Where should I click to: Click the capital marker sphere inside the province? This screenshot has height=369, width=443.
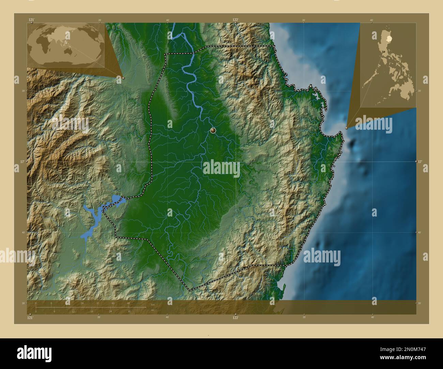point(213,130)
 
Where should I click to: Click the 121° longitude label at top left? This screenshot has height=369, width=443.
point(32,20)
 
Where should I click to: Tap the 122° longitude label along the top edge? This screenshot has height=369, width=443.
point(235,20)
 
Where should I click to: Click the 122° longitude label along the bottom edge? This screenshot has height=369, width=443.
point(235,318)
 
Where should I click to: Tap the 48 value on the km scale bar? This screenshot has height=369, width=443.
point(128,303)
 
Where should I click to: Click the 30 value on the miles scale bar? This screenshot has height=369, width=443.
point(129,311)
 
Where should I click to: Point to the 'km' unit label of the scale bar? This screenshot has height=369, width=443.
point(153,304)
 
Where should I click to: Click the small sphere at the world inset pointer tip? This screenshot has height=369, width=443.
point(123,78)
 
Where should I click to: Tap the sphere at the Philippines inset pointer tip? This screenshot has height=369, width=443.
point(347,128)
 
